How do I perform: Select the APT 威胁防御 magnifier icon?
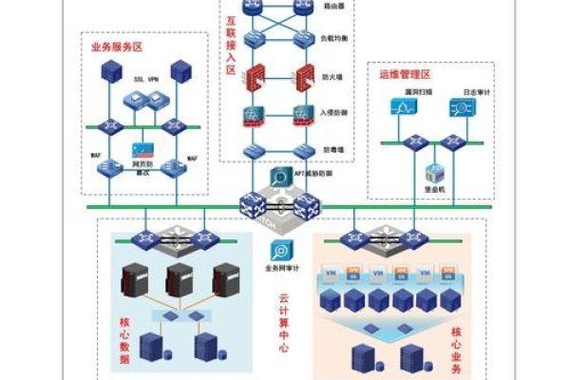click(x=282, y=178)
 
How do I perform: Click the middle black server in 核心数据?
click(x=180, y=280)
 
